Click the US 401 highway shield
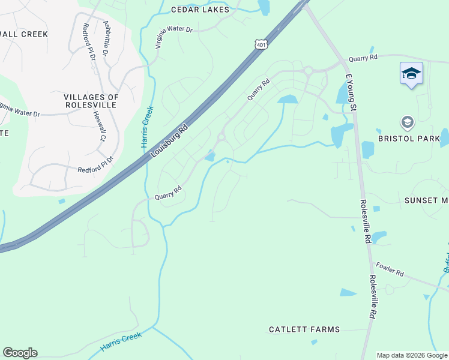coord(260,45)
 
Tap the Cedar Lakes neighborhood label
coord(200,10)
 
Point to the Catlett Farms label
coord(304,329)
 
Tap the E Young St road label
coord(351,94)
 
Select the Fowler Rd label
coord(390,269)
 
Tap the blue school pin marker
coord(411,74)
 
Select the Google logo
coord(20,353)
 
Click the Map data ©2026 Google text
coord(412,355)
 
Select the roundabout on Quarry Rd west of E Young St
coord(308,71)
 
